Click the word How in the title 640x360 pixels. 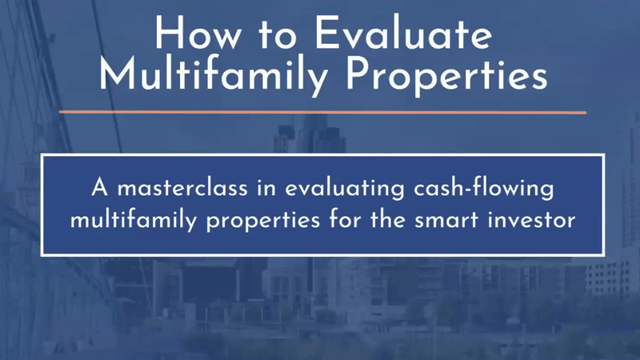coord(198,34)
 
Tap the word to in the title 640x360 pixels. coord(277,34)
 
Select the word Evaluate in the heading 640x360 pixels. coord(403,34)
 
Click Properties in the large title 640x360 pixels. coord(447,75)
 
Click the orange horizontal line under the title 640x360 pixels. coord(322,112)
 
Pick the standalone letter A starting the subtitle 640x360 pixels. coord(100,188)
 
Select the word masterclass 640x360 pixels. coord(182,188)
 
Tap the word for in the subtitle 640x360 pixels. coord(345,219)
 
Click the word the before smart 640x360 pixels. coord(388,219)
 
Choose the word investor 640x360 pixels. coord(531,219)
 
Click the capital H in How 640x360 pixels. coord(169,34)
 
